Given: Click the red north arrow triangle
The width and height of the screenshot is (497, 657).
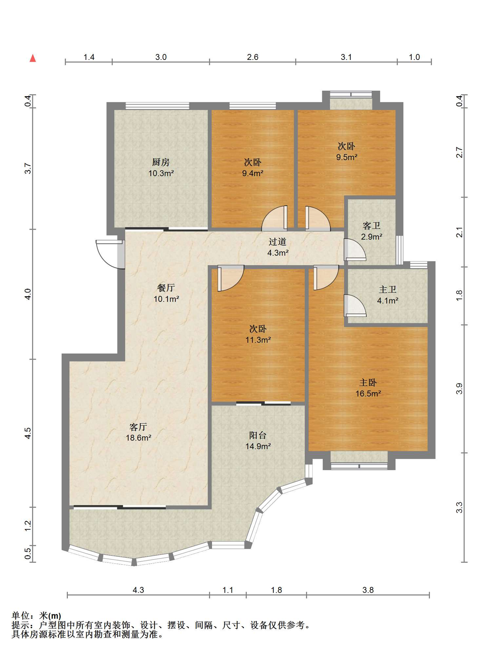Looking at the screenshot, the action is [33, 58].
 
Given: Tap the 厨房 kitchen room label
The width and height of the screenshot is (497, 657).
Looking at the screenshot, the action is [161, 162].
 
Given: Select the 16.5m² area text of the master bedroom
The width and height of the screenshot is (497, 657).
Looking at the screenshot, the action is [368, 394].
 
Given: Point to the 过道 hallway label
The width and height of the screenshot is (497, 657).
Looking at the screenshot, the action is [277, 242].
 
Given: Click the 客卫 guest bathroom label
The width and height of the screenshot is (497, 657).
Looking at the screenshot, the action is [372, 226].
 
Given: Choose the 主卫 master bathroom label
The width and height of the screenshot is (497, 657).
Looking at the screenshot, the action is [388, 289].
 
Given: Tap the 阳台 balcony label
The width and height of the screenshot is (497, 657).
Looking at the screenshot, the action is [258, 435].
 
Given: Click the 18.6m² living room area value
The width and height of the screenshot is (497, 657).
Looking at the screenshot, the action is [138, 438].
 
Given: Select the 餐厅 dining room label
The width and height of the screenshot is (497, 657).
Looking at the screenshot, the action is [166, 288].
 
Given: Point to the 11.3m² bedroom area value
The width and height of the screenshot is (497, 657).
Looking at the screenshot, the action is [258, 340].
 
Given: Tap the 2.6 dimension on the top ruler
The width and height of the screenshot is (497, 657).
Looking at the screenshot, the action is [253, 57].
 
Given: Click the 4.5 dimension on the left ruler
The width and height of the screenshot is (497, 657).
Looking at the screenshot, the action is [28, 433].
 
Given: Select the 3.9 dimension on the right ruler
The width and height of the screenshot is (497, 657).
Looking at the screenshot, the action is [459, 389].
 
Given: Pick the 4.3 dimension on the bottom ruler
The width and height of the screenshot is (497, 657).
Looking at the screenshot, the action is [138, 590].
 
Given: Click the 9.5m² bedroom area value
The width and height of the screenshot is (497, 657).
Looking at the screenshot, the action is [347, 157].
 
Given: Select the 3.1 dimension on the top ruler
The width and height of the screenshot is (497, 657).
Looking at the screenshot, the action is [346, 57].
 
